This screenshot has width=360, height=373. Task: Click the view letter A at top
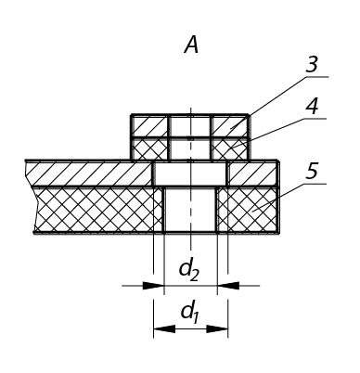click(191, 45)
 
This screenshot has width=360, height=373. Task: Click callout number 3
click(312, 65)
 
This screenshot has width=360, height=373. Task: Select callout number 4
click(312, 107)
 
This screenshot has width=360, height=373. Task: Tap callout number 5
click(312, 172)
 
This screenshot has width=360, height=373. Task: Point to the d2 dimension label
click(189, 270)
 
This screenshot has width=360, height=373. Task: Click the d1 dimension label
click(190, 313)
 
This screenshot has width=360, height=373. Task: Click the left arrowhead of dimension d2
click(153, 286)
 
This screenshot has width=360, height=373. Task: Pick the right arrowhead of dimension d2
click(228, 286)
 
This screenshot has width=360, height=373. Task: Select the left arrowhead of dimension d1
click(164, 328)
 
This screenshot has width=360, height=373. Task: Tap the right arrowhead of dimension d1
click(217, 328)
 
